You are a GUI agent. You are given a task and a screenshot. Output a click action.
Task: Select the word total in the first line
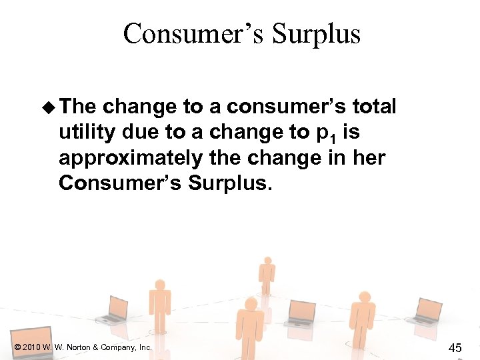pos(374,107)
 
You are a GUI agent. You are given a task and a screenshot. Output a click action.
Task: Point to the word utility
pos(88,133)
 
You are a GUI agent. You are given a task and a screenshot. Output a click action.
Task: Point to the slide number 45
pos(455,347)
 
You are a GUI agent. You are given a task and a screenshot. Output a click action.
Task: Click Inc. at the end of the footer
pos(145,347)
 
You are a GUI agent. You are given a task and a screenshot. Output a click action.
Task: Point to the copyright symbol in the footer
pos(16,347)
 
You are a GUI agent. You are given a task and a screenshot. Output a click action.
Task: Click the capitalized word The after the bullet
pos(78,107)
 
